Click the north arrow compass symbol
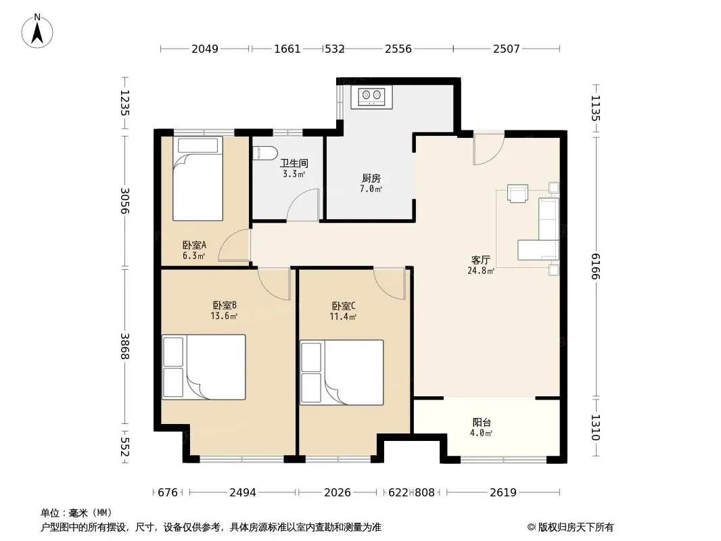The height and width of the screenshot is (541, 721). click(x=37, y=31)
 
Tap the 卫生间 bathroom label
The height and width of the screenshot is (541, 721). click(x=294, y=163)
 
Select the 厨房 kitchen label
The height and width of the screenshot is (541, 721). click(x=371, y=179)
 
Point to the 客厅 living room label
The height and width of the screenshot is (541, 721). click(x=480, y=260)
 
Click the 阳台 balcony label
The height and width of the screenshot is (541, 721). click(x=482, y=422)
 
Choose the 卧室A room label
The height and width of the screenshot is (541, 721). click(x=194, y=245)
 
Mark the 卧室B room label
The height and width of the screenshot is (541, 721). click(x=225, y=305)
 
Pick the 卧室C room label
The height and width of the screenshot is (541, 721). click(x=344, y=306)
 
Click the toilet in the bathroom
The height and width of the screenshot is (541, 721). click(x=265, y=153)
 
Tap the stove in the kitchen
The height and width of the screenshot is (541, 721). click(x=371, y=97)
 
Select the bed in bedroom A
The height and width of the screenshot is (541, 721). click(x=197, y=179)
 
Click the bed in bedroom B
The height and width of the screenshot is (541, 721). click(x=204, y=367)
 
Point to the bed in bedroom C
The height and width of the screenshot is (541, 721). click(x=342, y=373)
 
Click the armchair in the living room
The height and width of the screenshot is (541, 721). click(x=518, y=193)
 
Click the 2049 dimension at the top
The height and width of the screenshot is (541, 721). click(x=205, y=49)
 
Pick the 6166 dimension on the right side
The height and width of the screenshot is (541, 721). click(x=596, y=266)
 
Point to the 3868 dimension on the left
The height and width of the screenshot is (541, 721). click(x=124, y=346)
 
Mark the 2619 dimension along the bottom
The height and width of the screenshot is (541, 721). click(x=503, y=493)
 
